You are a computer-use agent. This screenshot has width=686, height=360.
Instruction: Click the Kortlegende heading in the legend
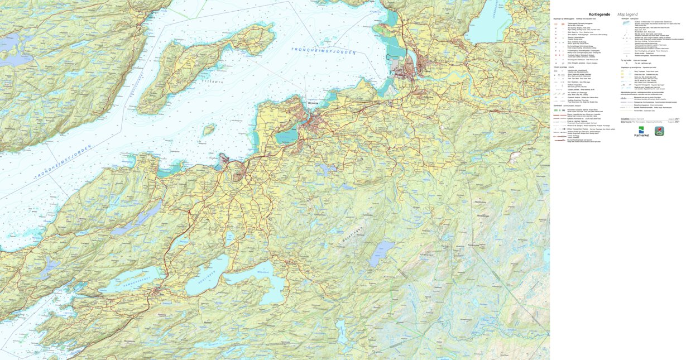pyautogui.click(x=599, y=15)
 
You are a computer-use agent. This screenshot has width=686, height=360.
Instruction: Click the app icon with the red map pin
pyautogui.click(x=659, y=131)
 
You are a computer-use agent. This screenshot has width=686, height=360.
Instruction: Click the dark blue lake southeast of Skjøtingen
pyautogui.click(x=382, y=254)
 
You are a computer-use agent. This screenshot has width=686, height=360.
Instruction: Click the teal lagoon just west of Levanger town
pyautogui.click(x=286, y=136)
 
